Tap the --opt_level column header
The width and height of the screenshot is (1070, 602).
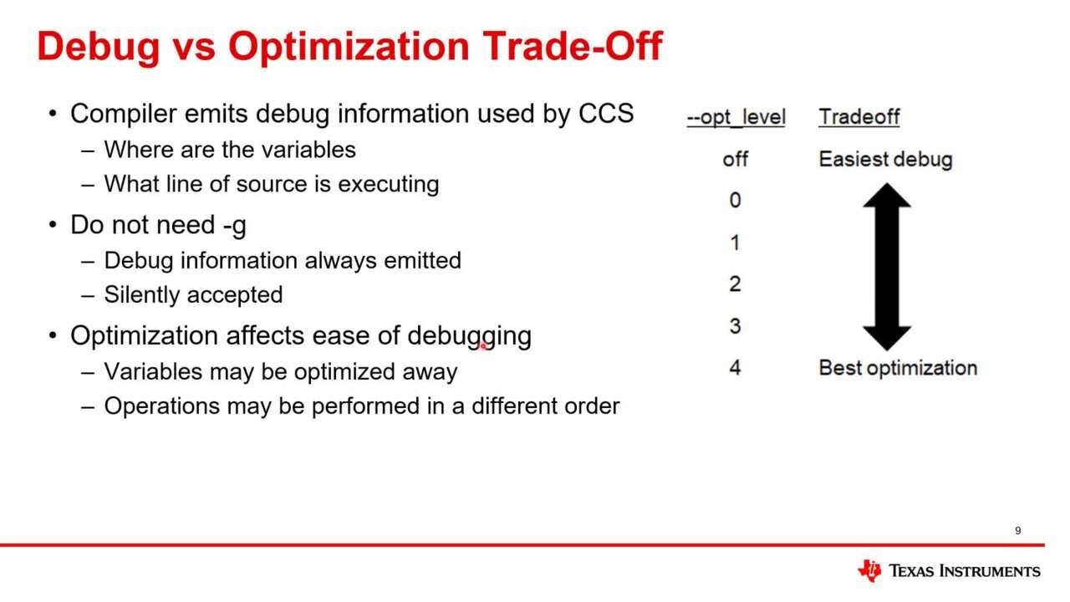click(x=736, y=117)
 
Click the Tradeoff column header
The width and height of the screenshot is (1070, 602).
click(x=859, y=117)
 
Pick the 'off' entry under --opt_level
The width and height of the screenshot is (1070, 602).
click(x=735, y=159)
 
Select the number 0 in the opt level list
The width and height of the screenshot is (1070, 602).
click(x=735, y=201)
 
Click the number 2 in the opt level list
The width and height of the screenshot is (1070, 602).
click(x=735, y=284)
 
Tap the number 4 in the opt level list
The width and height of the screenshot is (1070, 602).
click(x=735, y=368)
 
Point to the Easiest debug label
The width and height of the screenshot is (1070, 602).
click(x=885, y=159)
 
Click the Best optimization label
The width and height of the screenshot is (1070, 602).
click(x=898, y=368)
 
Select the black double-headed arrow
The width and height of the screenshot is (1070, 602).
click(x=886, y=266)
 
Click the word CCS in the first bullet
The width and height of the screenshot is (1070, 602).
click(x=606, y=114)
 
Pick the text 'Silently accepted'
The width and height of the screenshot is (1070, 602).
click(x=193, y=294)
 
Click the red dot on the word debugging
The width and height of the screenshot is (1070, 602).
click(x=483, y=344)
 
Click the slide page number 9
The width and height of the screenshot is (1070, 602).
click(x=1017, y=531)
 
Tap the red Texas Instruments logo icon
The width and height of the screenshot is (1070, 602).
click(x=869, y=570)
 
